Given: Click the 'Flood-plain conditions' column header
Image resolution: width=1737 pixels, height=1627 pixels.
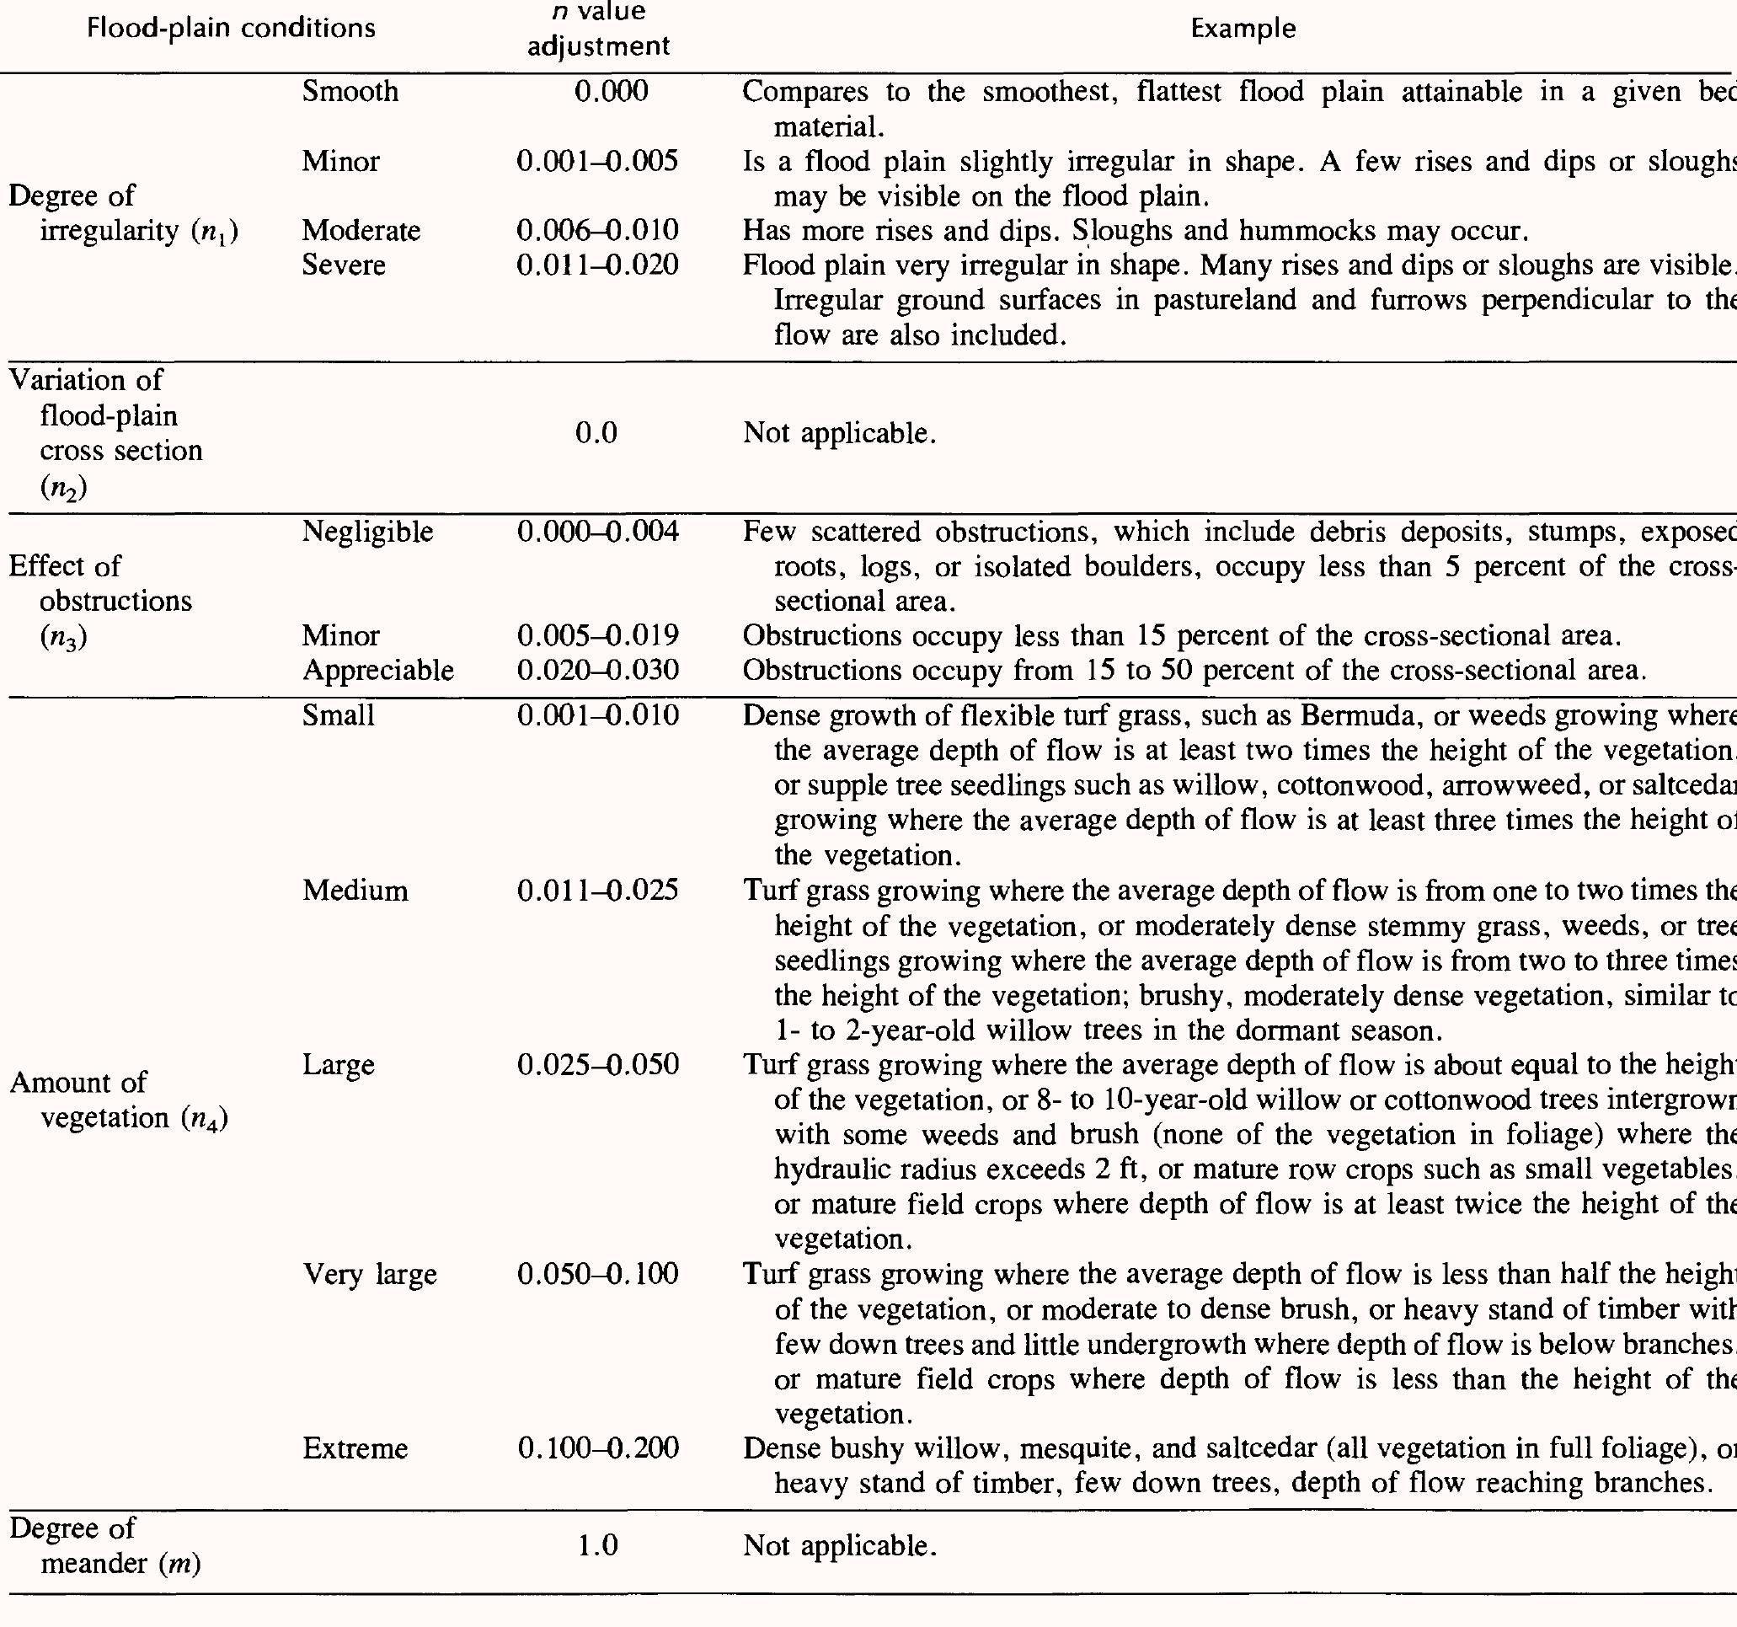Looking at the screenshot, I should (232, 29).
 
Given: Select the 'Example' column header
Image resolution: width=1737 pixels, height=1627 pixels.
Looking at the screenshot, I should (1243, 29).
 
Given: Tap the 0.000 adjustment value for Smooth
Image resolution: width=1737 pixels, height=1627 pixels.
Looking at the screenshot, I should (612, 92).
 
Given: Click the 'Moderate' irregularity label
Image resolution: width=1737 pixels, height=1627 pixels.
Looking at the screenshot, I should (361, 231).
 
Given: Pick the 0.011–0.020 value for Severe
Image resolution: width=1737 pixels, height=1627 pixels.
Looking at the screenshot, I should (597, 265).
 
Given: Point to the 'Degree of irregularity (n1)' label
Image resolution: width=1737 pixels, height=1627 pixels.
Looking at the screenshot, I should (122, 213).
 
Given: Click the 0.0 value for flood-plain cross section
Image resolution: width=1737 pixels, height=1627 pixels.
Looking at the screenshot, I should (596, 433).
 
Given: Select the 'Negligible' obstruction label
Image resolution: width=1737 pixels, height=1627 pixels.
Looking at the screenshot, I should (368, 533).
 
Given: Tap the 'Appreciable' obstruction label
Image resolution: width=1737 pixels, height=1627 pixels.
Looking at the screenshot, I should (378, 670).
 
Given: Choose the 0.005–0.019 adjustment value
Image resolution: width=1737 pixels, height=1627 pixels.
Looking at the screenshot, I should (597, 635).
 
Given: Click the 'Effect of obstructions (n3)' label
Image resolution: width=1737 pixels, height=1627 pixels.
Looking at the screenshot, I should (99, 601).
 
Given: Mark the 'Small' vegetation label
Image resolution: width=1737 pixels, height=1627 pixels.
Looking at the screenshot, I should (338, 715).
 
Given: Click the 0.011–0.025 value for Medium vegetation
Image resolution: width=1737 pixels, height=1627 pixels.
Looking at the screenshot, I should (597, 891).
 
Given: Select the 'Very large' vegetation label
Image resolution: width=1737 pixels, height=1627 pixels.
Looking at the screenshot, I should (370, 1275).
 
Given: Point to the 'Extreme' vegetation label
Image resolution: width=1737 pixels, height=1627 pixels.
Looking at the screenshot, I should (355, 1448).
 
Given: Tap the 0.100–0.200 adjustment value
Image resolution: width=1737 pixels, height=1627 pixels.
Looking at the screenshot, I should (597, 1448).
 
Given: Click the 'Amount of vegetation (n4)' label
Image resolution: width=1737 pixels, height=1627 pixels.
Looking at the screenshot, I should (118, 1100).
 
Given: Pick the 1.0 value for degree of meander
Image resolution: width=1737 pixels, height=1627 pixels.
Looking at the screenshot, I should (596, 1546).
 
